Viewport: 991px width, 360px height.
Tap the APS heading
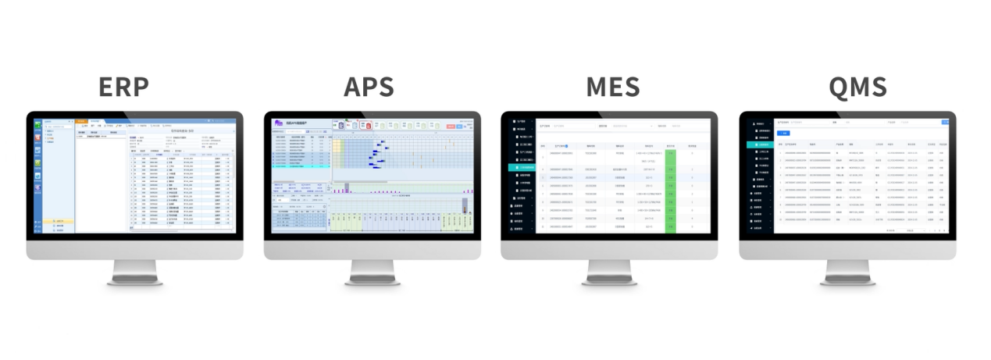[369, 87]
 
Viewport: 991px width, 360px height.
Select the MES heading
[612, 87]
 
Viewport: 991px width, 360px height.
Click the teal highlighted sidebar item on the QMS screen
[760, 144]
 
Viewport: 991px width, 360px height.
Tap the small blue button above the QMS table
[783, 133]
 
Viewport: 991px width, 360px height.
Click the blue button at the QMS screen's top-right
[946, 122]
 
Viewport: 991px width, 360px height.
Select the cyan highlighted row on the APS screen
[301, 166]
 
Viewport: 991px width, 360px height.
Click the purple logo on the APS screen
[278, 123]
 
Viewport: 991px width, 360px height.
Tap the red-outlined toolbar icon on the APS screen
[342, 125]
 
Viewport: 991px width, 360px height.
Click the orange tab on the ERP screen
[80, 121]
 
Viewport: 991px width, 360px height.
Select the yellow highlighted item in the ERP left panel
[59, 221]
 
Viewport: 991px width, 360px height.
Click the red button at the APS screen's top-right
[451, 125]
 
